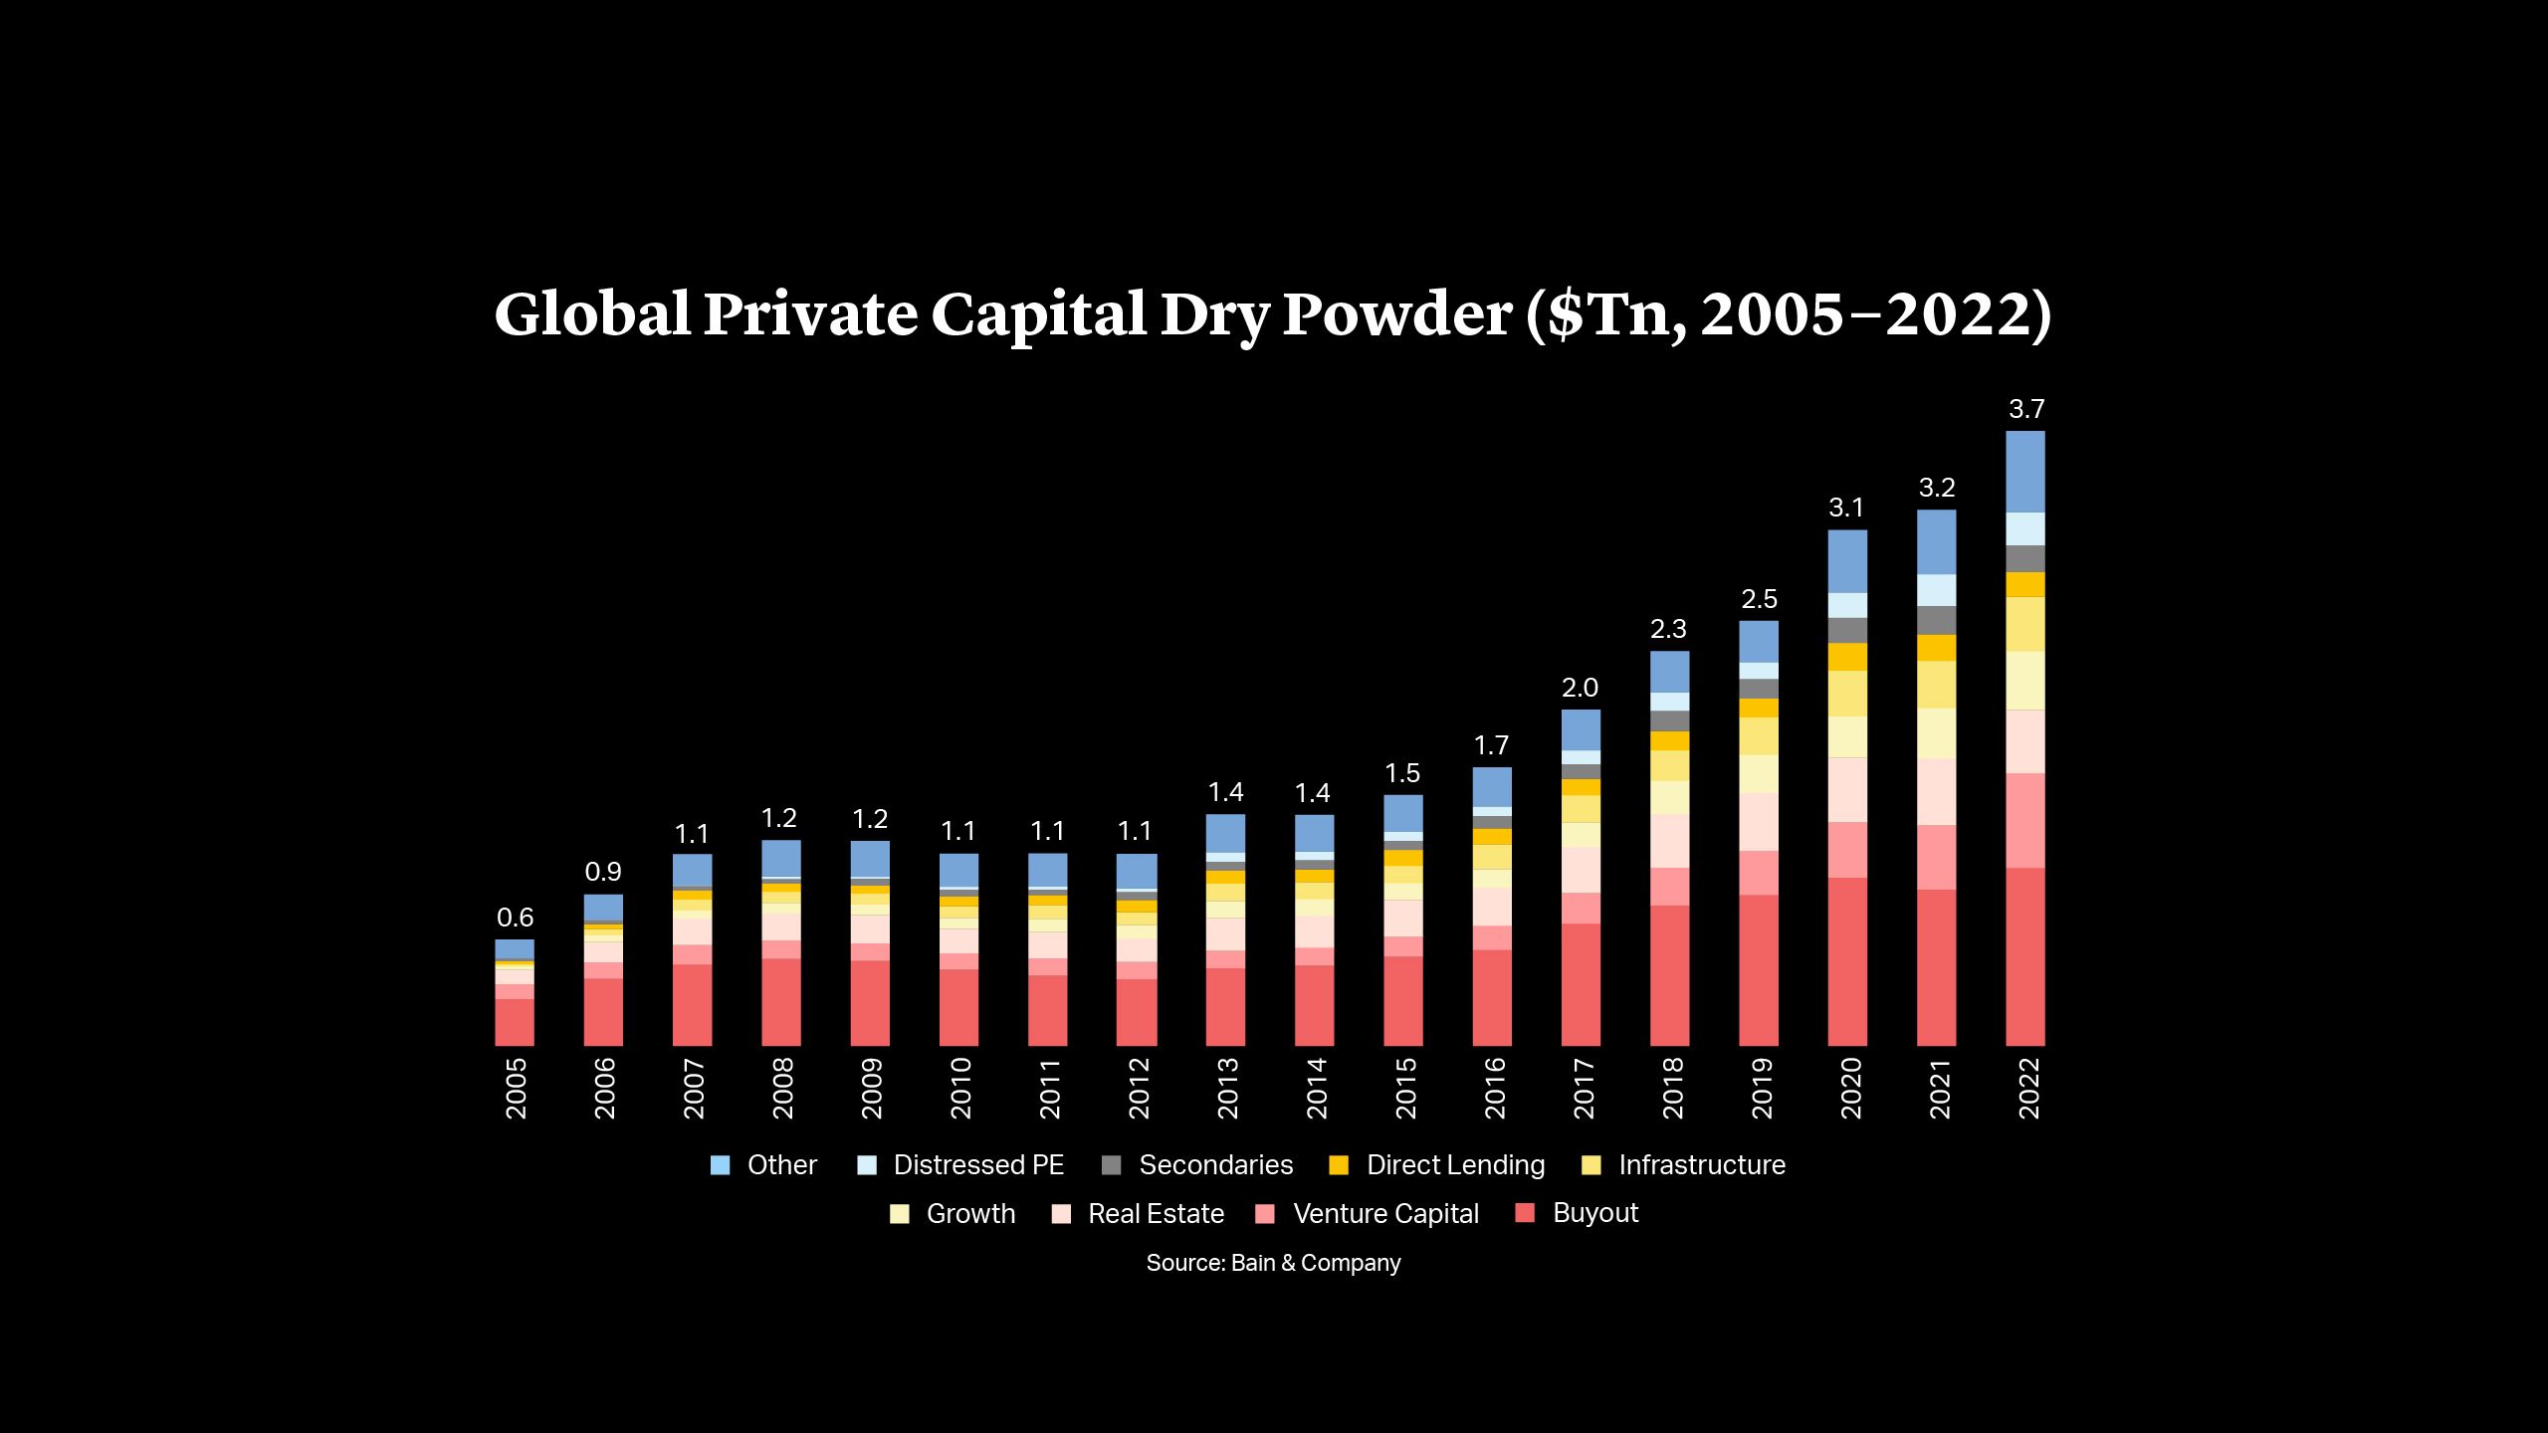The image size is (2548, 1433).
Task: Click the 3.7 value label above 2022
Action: (x=2025, y=409)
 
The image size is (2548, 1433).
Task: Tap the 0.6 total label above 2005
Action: (x=515, y=918)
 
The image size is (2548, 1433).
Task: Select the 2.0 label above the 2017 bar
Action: (x=1580, y=688)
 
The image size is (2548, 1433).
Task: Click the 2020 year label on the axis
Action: (x=1849, y=1089)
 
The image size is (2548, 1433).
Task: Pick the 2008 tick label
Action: (x=782, y=1089)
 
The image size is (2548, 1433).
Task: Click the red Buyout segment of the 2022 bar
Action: (x=2024, y=955)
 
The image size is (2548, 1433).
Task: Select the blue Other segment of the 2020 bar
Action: (x=1847, y=560)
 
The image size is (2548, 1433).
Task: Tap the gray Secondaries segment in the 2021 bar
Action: (x=1936, y=620)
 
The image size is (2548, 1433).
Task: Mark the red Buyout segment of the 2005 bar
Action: (x=515, y=1021)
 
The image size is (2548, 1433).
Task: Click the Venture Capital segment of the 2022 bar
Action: (x=2024, y=820)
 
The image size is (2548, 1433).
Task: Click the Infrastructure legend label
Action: (x=1701, y=1165)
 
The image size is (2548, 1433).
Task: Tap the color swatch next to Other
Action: (x=721, y=1165)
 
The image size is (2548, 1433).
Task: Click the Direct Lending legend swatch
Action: (x=1339, y=1165)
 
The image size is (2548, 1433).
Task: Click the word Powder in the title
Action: (x=1396, y=314)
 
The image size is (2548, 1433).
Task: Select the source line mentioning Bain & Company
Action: (x=1273, y=1263)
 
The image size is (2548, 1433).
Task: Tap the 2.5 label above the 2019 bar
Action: (x=1759, y=599)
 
